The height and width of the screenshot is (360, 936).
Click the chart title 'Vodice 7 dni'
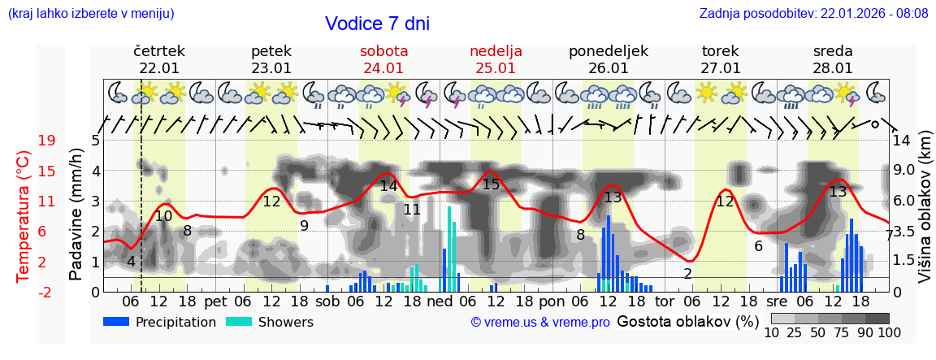[x=377, y=24]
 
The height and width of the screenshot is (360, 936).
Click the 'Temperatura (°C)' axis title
[x=24, y=216]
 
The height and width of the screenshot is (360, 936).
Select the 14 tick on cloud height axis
[x=902, y=141]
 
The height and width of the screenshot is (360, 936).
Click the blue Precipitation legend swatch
[x=116, y=322]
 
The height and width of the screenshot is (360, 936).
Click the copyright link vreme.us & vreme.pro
[x=540, y=323]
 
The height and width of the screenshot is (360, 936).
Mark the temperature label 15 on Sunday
[x=491, y=184]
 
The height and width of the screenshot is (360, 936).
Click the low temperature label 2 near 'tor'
[x=687, y=274]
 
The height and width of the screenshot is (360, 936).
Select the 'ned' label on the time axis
[x=439, y=301]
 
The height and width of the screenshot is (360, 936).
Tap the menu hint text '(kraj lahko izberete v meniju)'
[x=91, y=14]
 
